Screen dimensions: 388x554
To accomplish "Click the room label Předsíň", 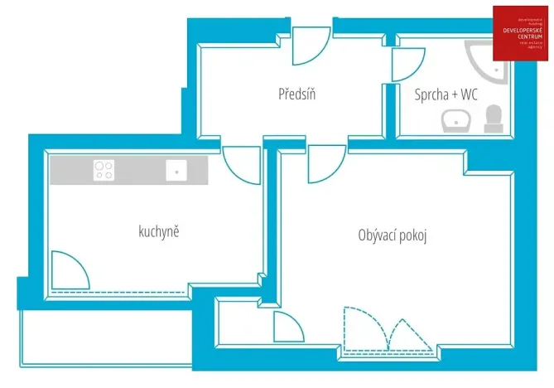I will pyautogui.click(x=297, y=94).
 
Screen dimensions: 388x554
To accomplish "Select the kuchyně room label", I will pyautogui.click(x=159, y=230).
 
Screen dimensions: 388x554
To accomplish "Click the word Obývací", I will pyautogui.click(x=378, y=235).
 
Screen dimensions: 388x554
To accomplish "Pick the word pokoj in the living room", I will pyautogui.click(x=412, y=235).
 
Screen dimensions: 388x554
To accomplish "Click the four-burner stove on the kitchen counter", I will pyautogui.click(x=104, y=170).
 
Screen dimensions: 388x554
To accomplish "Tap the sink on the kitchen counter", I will pyautogui.click(x=176, y=170).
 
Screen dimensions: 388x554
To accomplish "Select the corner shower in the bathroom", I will pyautogui.click(x=489, y=61).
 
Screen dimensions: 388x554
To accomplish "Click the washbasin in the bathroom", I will pyautogui.click(x=456, y=121).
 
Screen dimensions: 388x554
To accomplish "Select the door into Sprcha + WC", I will pyautogui.click(x=407, y=65).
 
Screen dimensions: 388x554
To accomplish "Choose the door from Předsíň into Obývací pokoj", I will pyautogui.click(x=325, y=162).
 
